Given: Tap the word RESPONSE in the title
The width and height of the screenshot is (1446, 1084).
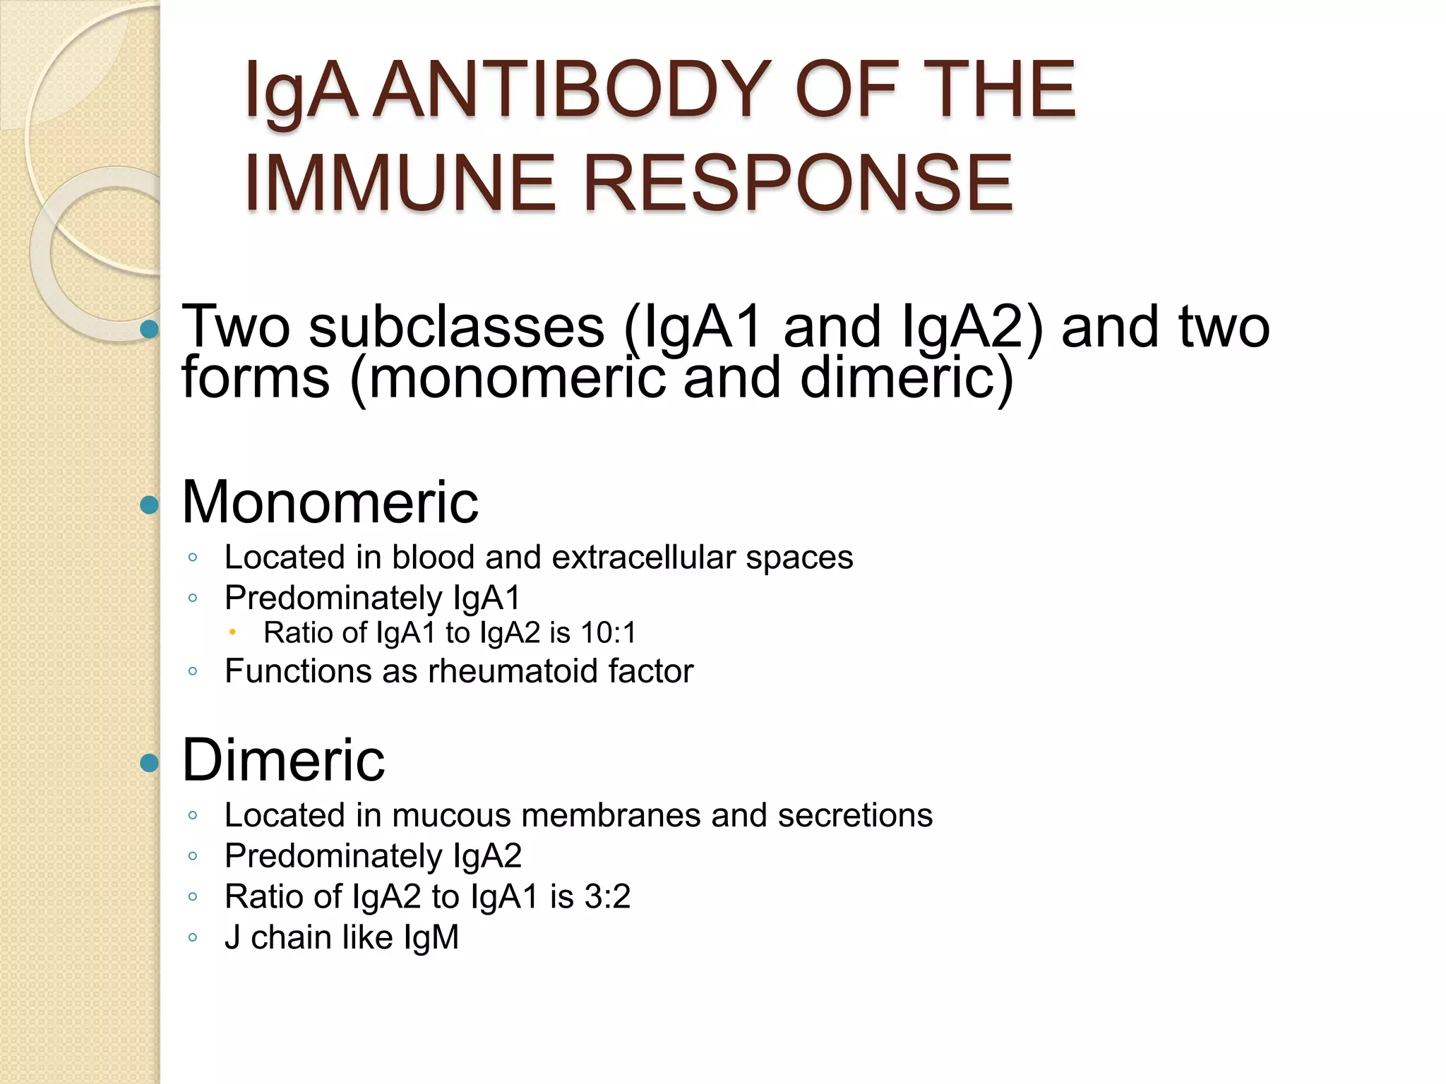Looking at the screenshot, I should click(798, 183).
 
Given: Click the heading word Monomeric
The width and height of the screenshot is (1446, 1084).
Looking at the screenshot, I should click(330, 502).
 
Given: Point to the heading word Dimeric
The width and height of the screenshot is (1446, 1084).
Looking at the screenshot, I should click(283, 760).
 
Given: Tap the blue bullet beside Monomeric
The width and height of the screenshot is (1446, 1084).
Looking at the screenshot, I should click(149, 505).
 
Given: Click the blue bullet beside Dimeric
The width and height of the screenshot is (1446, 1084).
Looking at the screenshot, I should click(149, 763).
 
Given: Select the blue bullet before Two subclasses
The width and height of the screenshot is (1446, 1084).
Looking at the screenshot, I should click(149, 329).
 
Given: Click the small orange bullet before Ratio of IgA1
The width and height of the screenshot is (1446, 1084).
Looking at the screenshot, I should click(232, 632).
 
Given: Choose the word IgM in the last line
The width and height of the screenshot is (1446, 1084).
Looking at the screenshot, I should click(431, 938).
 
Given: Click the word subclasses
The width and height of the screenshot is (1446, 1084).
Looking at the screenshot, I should click(457, 327).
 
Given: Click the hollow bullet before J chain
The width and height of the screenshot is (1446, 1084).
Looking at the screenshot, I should click(193, 938).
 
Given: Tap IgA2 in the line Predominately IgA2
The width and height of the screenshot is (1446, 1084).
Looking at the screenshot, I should click(487, 856).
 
